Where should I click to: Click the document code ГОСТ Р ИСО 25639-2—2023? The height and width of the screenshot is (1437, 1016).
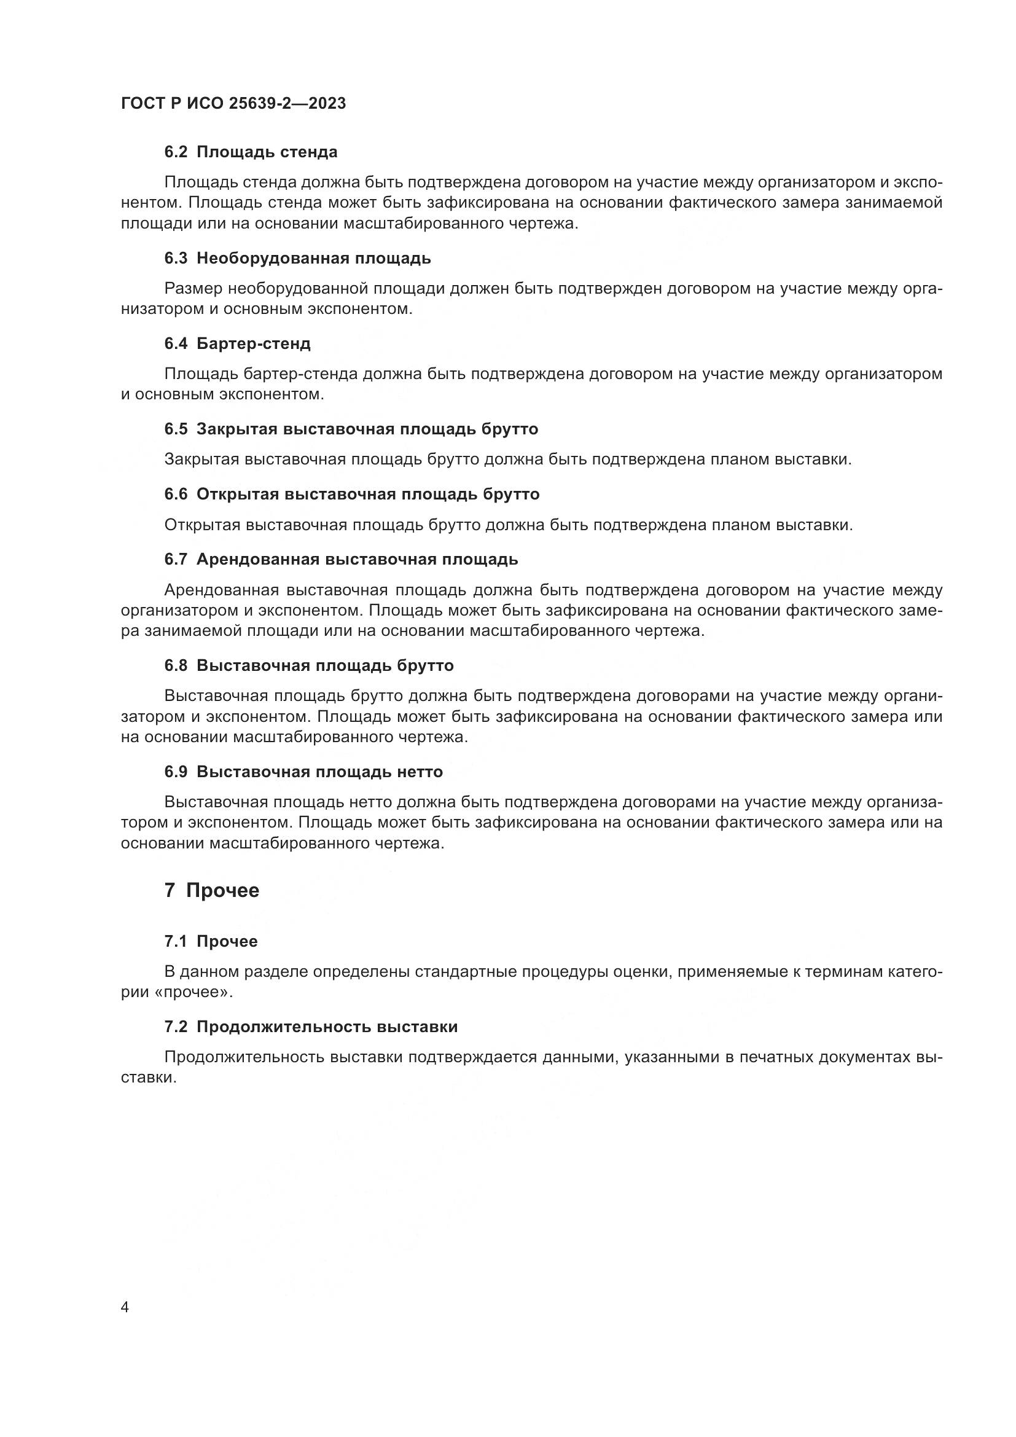[x=233, y=104]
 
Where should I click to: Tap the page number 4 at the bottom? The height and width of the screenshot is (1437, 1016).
[x=125, y=1307]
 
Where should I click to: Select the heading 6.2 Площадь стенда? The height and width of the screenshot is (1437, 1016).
[x=251, y=152]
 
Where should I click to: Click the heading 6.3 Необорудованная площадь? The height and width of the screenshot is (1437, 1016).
[x=298, y=259]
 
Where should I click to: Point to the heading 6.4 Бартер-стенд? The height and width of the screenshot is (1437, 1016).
[x=238, y=343]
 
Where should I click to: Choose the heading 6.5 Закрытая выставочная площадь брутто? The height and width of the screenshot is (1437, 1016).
[x=351, y=429]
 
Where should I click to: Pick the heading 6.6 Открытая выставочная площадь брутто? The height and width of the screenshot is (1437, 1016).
[x=351, y=495]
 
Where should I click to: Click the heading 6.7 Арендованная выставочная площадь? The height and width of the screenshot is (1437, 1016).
[x=341, y=560]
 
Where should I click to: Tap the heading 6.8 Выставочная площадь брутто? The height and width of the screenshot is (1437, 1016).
[x=309, y=666]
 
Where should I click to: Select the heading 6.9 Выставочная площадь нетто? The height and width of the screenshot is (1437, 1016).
[x=303, y=772]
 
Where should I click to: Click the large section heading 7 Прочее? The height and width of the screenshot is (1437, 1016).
[x=211, y=891]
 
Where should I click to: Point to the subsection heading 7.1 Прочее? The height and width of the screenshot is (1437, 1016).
[x=211, y=942]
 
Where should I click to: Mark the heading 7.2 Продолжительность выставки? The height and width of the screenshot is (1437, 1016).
[x=311, y=1027]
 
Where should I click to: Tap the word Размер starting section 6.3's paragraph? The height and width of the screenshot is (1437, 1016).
[x=193, y=289]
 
